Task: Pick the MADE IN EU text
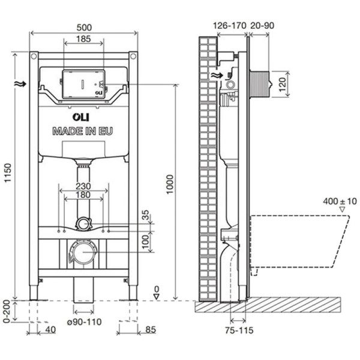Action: (x=82, y=130)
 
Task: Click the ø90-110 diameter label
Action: (x=84, y=322)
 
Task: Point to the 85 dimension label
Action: (x=151, y=329)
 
